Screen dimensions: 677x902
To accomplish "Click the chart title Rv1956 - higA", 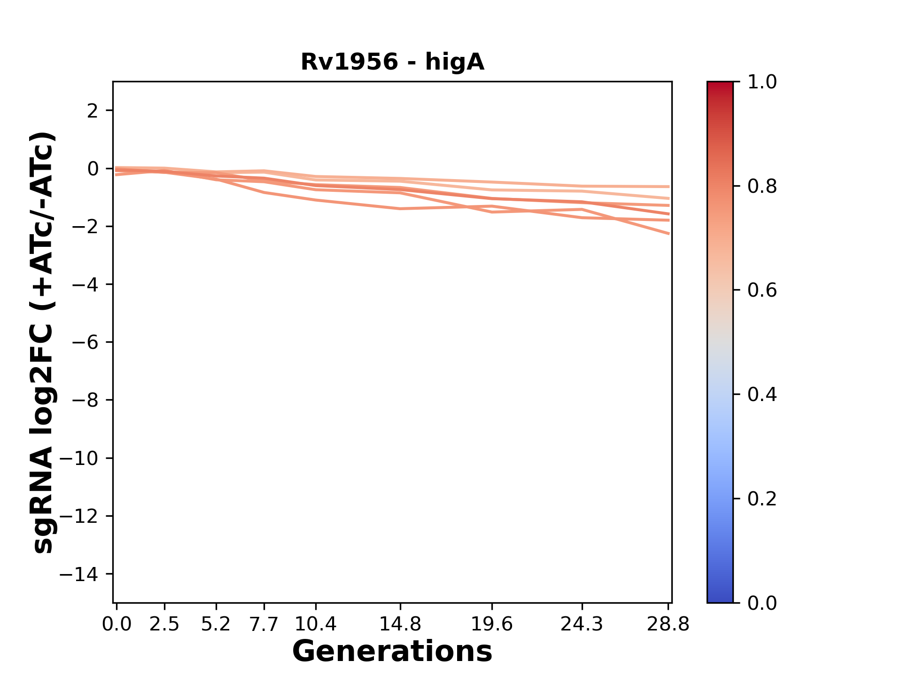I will coord(392,62).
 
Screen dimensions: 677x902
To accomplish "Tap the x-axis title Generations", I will coord(392,651).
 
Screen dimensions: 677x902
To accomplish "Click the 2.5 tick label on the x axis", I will coord(164,624).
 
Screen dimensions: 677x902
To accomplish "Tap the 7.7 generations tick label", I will coord(264,624).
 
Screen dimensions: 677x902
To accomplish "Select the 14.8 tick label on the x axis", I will coord(400,624).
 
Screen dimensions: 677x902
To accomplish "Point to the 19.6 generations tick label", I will coord(492,624).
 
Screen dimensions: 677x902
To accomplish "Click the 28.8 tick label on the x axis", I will coord(668,624).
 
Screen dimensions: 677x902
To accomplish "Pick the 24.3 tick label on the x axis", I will coord(582,624).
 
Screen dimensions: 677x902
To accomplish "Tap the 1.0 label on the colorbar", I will coord(762,82).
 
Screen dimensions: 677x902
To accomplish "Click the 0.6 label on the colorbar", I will coord(762,291).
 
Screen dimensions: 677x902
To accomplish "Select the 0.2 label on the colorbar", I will coord(762,499).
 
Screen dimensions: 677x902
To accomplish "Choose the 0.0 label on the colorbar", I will coord(762,603).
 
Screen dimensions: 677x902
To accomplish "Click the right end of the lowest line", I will coord(669,233).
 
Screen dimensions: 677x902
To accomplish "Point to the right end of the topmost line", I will coord(669,187).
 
